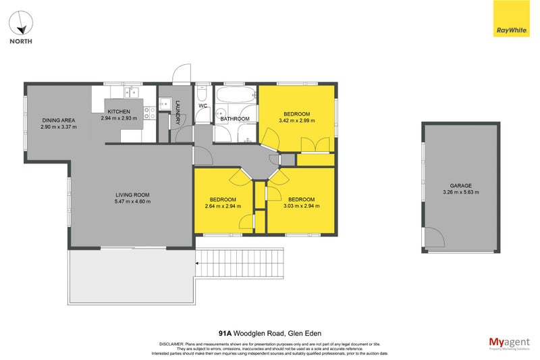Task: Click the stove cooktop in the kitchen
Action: (149, 113)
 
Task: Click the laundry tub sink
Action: (164, 104)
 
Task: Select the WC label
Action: (202, 106)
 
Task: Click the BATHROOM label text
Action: (235, 119)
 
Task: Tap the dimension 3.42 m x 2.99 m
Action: (297, 121)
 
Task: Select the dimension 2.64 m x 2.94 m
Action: (223, 207)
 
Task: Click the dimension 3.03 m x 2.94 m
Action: (301, 207)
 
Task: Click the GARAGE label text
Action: (461, 185)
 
